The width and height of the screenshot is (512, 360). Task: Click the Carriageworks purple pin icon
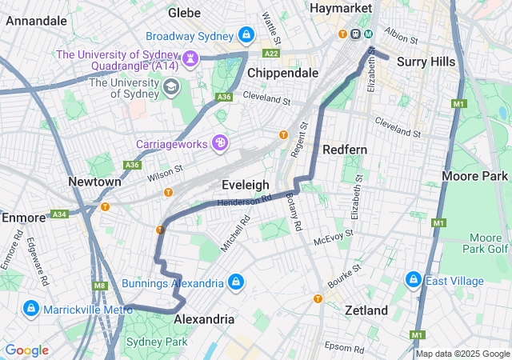pyautogui.click(x=220, y=143)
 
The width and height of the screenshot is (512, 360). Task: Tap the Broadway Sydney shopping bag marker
pyautogui.click(x=246, y=35)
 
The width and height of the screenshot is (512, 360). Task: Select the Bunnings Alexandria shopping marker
pyautogui.click(x=235, y=282)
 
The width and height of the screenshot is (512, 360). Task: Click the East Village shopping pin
pyautogui.click(x=414, y=280)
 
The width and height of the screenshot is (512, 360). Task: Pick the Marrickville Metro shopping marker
pyautogui.click(x=30, y=308)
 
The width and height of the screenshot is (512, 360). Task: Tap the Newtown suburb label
pyautogui.click(x=94, y=182)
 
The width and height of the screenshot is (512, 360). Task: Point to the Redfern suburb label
pyautogui.click(x=344, y=150)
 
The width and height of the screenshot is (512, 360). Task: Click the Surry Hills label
pyautogui.click(x=426, y=62)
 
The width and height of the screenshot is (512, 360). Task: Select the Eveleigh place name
pyautogui.click(x=245, y=185)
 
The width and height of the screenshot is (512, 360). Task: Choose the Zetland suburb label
pyautogui.click(x=366, y=310)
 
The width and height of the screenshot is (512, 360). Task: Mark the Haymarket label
pyautogui.click(x=342, y=7)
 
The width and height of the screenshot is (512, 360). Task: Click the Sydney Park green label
pyautogui.click(x=158, y=342)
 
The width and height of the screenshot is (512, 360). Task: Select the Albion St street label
pyautogui.click(x=401, y=37)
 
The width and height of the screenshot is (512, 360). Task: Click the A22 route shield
pyautogui.click(x=271, y=53)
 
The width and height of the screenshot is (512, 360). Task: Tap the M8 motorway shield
pyautogui.click(x=99, y=286)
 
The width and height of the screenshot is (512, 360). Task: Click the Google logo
pyautogui.click(x=26, y=350)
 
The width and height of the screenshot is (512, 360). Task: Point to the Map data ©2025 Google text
pyautogui.click(x=462, y=354)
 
